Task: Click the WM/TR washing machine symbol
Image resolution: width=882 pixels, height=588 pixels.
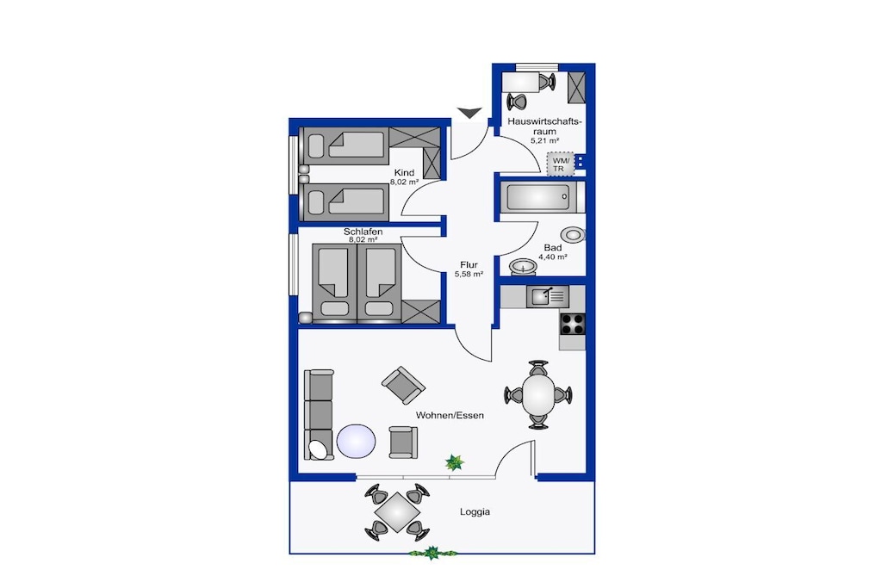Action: tap(561, 164)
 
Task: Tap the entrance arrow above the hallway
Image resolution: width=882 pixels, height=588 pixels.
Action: tap(469, 113)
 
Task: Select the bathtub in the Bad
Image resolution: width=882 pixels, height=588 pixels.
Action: tap(540, 197)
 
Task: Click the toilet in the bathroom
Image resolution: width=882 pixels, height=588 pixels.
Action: tap(573, 234)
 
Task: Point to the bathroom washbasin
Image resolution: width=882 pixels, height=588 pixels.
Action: tap(523, 267)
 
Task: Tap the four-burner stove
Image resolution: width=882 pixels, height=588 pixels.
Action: tap(572, 325)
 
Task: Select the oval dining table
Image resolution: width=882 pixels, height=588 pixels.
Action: tap(538, 394)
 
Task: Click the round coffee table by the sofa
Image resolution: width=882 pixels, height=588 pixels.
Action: tap(356, 442)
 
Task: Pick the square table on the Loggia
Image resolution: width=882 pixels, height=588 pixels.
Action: tap(397, 512)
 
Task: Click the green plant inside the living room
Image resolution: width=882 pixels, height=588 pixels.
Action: tap(455, 462)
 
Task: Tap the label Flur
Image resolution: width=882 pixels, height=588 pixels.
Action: tap(469, 265)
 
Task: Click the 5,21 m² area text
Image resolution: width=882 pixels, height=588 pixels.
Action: tap(545, 141)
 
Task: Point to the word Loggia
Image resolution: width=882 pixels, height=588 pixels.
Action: tap(475, 511)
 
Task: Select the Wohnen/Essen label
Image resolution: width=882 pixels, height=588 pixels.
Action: tap(450, 416)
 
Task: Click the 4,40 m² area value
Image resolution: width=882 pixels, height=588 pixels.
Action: tap(553, 257)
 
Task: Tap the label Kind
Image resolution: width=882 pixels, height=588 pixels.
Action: tap(404, 172)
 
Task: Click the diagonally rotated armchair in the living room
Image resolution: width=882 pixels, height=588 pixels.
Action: tap(403, 385)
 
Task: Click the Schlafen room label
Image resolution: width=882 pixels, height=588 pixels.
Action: tap(363, 232)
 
